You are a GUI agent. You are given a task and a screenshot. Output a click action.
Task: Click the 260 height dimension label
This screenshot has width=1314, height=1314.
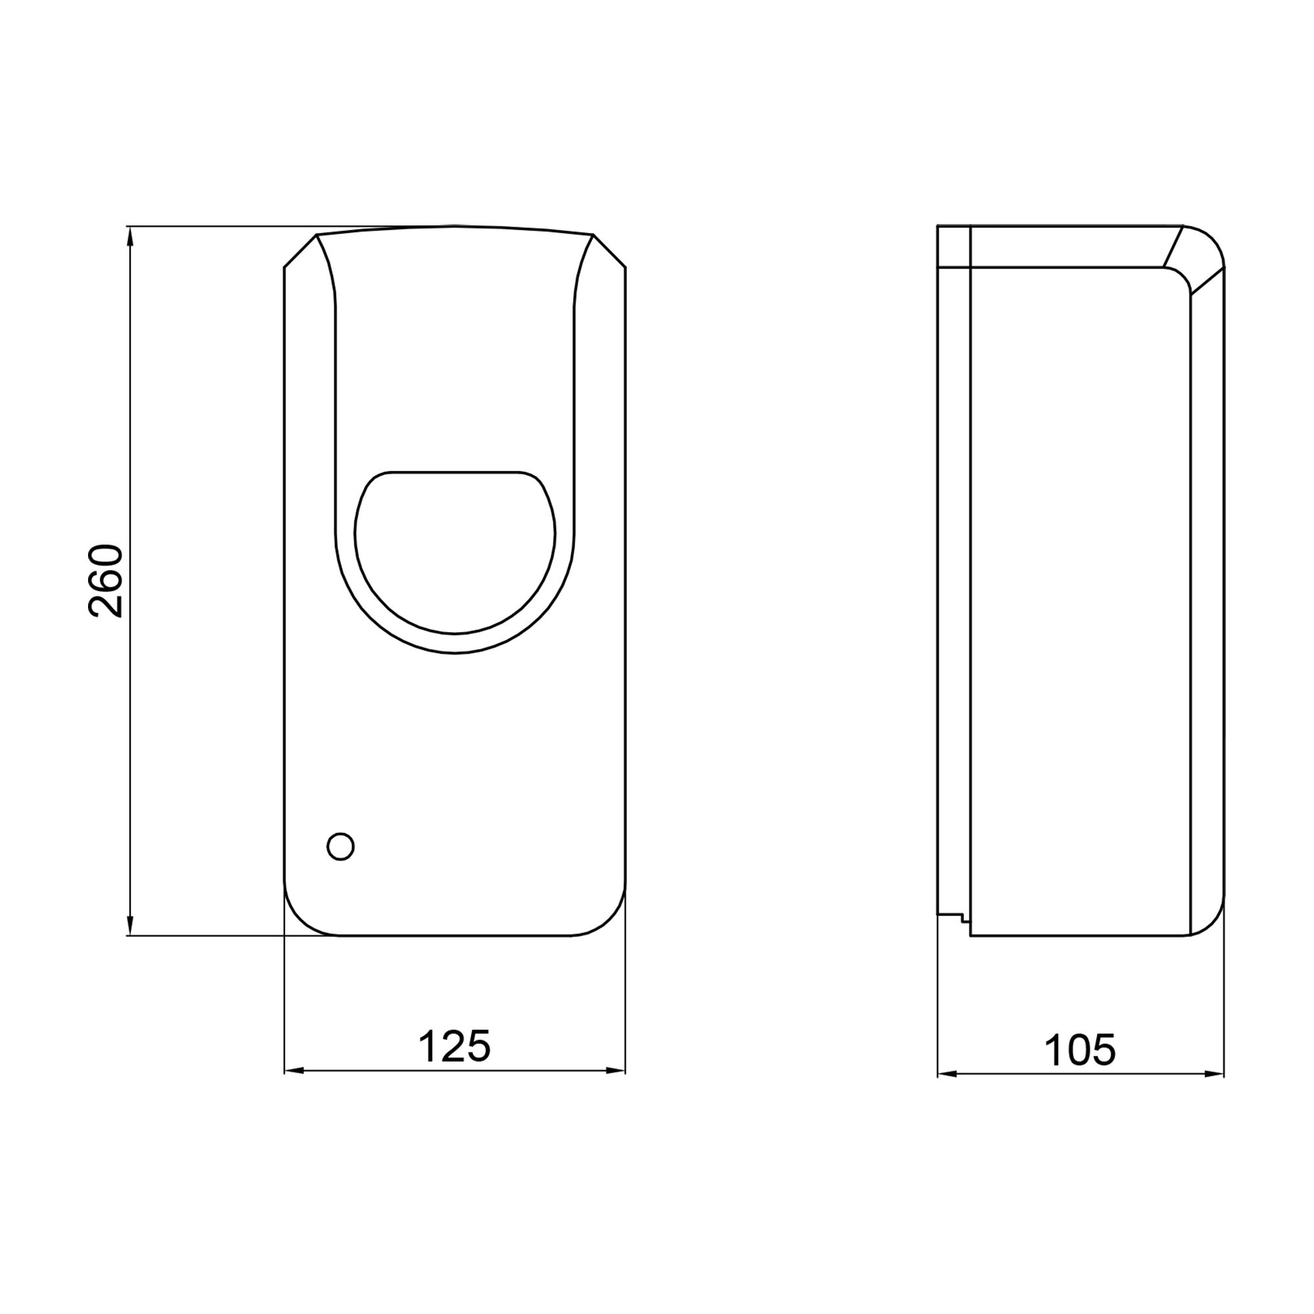tap(105, 580)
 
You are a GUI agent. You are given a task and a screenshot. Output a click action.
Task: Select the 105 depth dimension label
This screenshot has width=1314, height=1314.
tap(1079, 1050)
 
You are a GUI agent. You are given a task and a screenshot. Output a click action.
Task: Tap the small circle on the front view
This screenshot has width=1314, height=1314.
tap(341, 846)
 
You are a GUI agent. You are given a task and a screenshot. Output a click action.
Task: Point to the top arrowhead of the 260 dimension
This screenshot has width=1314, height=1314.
tap(130, 238)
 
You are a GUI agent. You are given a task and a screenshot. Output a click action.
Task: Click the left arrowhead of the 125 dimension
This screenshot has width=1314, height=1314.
tap(292, 1071)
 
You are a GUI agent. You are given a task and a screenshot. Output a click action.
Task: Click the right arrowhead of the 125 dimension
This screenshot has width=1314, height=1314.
tap(616, 1071)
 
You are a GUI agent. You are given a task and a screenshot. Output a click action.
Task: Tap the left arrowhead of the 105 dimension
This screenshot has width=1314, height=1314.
tap(946, 1075)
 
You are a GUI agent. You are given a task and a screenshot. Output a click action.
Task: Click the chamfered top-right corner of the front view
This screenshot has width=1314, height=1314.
tap(610, 251)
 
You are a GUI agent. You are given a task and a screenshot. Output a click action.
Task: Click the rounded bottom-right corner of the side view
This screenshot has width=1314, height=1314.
tap(1212, 922)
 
